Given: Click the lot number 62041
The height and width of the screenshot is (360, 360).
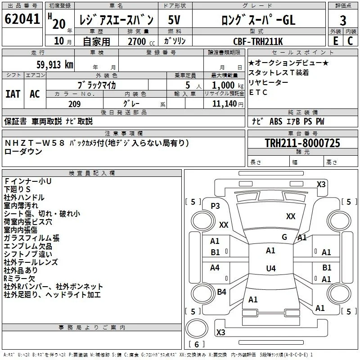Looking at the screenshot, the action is pyautogui.click(x=22, y=19).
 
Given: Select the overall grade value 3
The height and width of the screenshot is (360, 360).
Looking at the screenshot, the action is pyautogui.click(x=343, y=20).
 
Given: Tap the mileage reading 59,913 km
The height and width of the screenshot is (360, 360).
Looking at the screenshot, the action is pyautogui.click(x=55, y=65).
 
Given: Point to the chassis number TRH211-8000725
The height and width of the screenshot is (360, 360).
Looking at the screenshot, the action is pyautogui.click(x=302, y=143).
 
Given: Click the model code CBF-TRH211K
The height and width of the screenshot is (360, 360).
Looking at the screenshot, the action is pyautogui.click(x=258, y=41).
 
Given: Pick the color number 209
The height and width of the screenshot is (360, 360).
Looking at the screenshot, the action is pyautogui.click(x=74, y=104).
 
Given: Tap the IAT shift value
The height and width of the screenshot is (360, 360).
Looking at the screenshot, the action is pyautogui.click(x=13, y=94).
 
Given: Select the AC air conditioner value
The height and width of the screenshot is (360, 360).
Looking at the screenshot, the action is pyautogui.click(x=35, y=94).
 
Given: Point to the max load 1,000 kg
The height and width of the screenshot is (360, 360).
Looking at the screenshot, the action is pyautogui.click(x=228, y=85).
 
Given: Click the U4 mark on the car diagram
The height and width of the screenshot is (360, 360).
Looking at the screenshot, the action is pyautogui.click(x=271, y=268).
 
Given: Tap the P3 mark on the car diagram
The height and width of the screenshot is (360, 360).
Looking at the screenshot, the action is pyautogui.click(x=215, y=206).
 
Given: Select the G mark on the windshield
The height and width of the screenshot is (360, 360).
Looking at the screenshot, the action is pyautogui.click(x=284, y=237).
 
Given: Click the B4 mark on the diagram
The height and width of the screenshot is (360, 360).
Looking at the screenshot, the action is pyautogui.click(x=221, y=292).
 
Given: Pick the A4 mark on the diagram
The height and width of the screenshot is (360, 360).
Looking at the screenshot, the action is pyautogui.click(x=215, y=267).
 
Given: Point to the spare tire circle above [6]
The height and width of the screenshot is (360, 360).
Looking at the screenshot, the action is pyautogui.click(x=197, y=328).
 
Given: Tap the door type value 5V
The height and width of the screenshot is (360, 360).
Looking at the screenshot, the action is pyautogui.click(x=174, y=20).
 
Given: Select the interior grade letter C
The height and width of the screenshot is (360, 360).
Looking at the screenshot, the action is pyautogui.click(x=350, y=41).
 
